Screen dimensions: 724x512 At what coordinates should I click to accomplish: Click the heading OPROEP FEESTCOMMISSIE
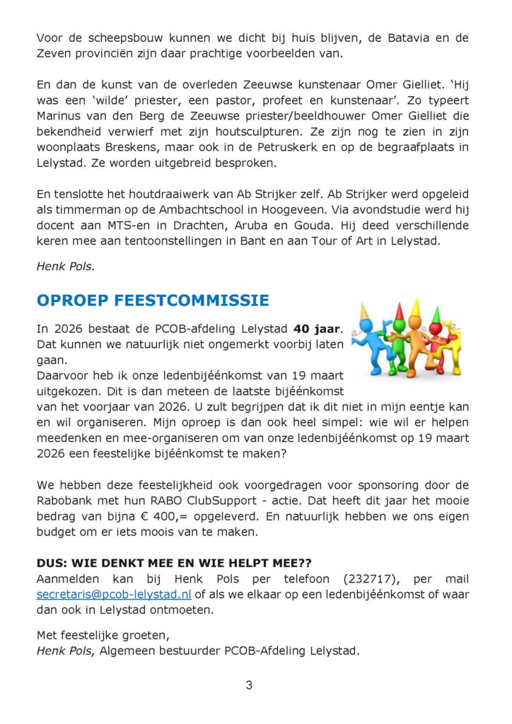tap(152, 300)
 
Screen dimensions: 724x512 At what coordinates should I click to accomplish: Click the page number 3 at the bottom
tap(249, 684)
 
